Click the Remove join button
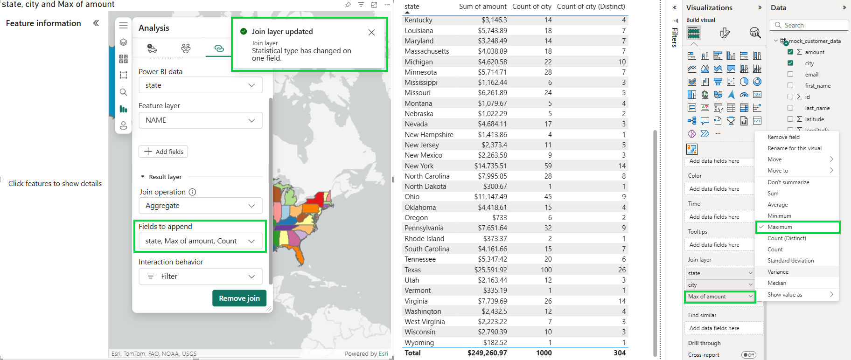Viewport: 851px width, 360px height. pos(239,298)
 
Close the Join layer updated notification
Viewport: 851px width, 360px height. pos(371,32)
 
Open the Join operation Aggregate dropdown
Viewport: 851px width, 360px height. pos(200,206)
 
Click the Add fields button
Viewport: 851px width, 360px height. pos(163,152)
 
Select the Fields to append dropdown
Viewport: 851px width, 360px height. pos(200,241)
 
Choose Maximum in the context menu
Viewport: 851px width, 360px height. pos(780,227)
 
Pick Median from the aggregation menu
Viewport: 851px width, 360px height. pos(777,283)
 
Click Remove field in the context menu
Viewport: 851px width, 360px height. pos(783,137)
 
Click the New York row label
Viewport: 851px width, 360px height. pos(419,166)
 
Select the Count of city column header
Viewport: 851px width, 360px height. pos(531,7)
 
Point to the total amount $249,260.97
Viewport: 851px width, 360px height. pos(487,353)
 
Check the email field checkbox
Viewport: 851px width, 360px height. pos(790,74)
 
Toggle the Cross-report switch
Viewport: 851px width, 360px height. pos(748,355)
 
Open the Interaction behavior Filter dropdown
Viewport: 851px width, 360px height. pos(200,277)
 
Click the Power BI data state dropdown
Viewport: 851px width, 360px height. pos(200,85)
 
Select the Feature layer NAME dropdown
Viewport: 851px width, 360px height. pos(200,120)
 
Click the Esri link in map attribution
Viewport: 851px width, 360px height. pos(383,354)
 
